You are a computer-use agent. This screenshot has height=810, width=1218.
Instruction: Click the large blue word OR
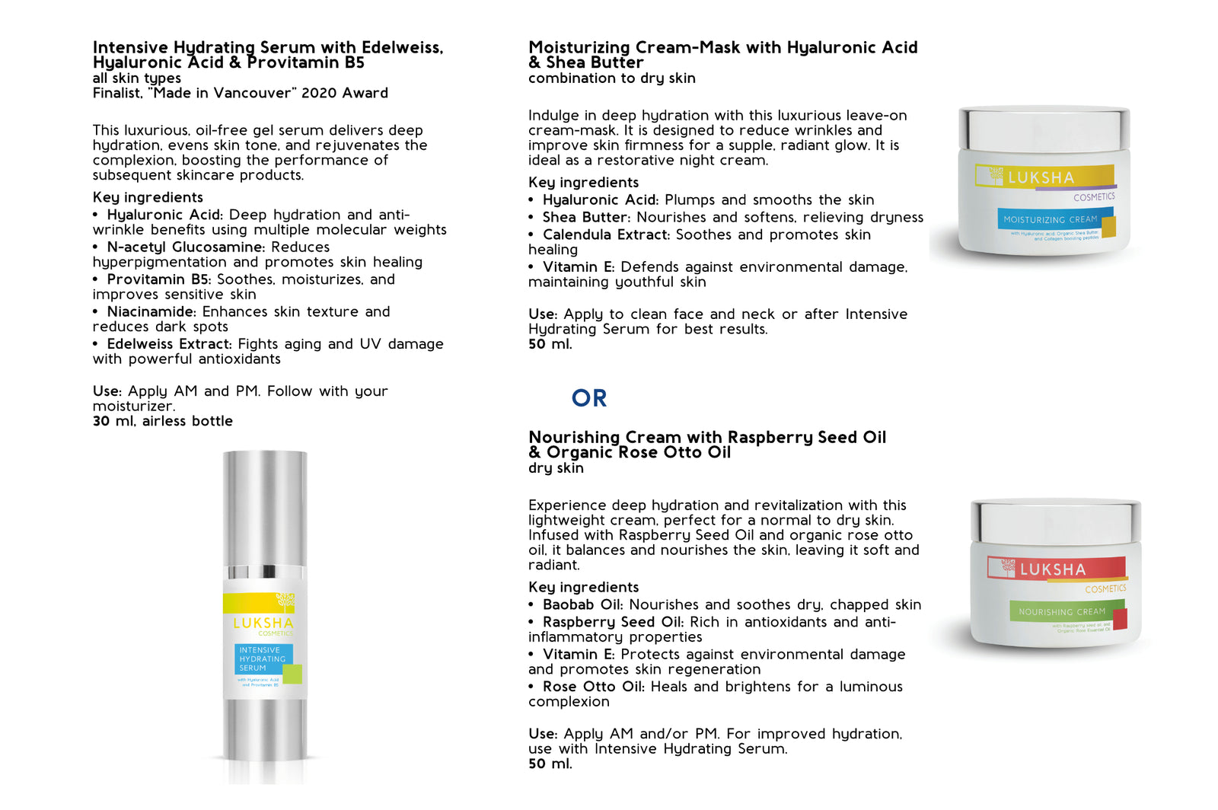click(x=589, y=398)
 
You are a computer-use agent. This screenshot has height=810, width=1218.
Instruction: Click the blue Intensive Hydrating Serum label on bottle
click(x=263, y=659)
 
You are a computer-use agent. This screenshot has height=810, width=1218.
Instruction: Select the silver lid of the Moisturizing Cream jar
click(x=1044, y=127)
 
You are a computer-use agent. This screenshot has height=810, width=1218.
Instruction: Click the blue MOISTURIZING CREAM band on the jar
click(x=1051, y=219)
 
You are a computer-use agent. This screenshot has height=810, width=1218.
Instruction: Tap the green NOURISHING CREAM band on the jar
click(x=1062, y=611)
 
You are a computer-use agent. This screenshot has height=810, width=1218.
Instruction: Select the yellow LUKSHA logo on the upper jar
click(x=1041, y=177)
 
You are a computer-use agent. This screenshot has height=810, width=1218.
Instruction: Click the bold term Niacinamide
click(x=151, y=311)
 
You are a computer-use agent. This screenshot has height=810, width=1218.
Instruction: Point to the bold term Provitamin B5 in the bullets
click(x=159, y=279)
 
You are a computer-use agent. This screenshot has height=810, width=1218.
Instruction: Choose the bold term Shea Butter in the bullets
click(x=585, y=217)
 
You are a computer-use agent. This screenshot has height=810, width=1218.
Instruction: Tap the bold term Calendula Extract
click(x=606, y=234)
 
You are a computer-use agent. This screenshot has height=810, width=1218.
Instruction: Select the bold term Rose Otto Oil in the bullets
click(x=593, y=686)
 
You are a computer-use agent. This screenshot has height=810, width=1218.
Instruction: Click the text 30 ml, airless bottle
click(x=163, y=421)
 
